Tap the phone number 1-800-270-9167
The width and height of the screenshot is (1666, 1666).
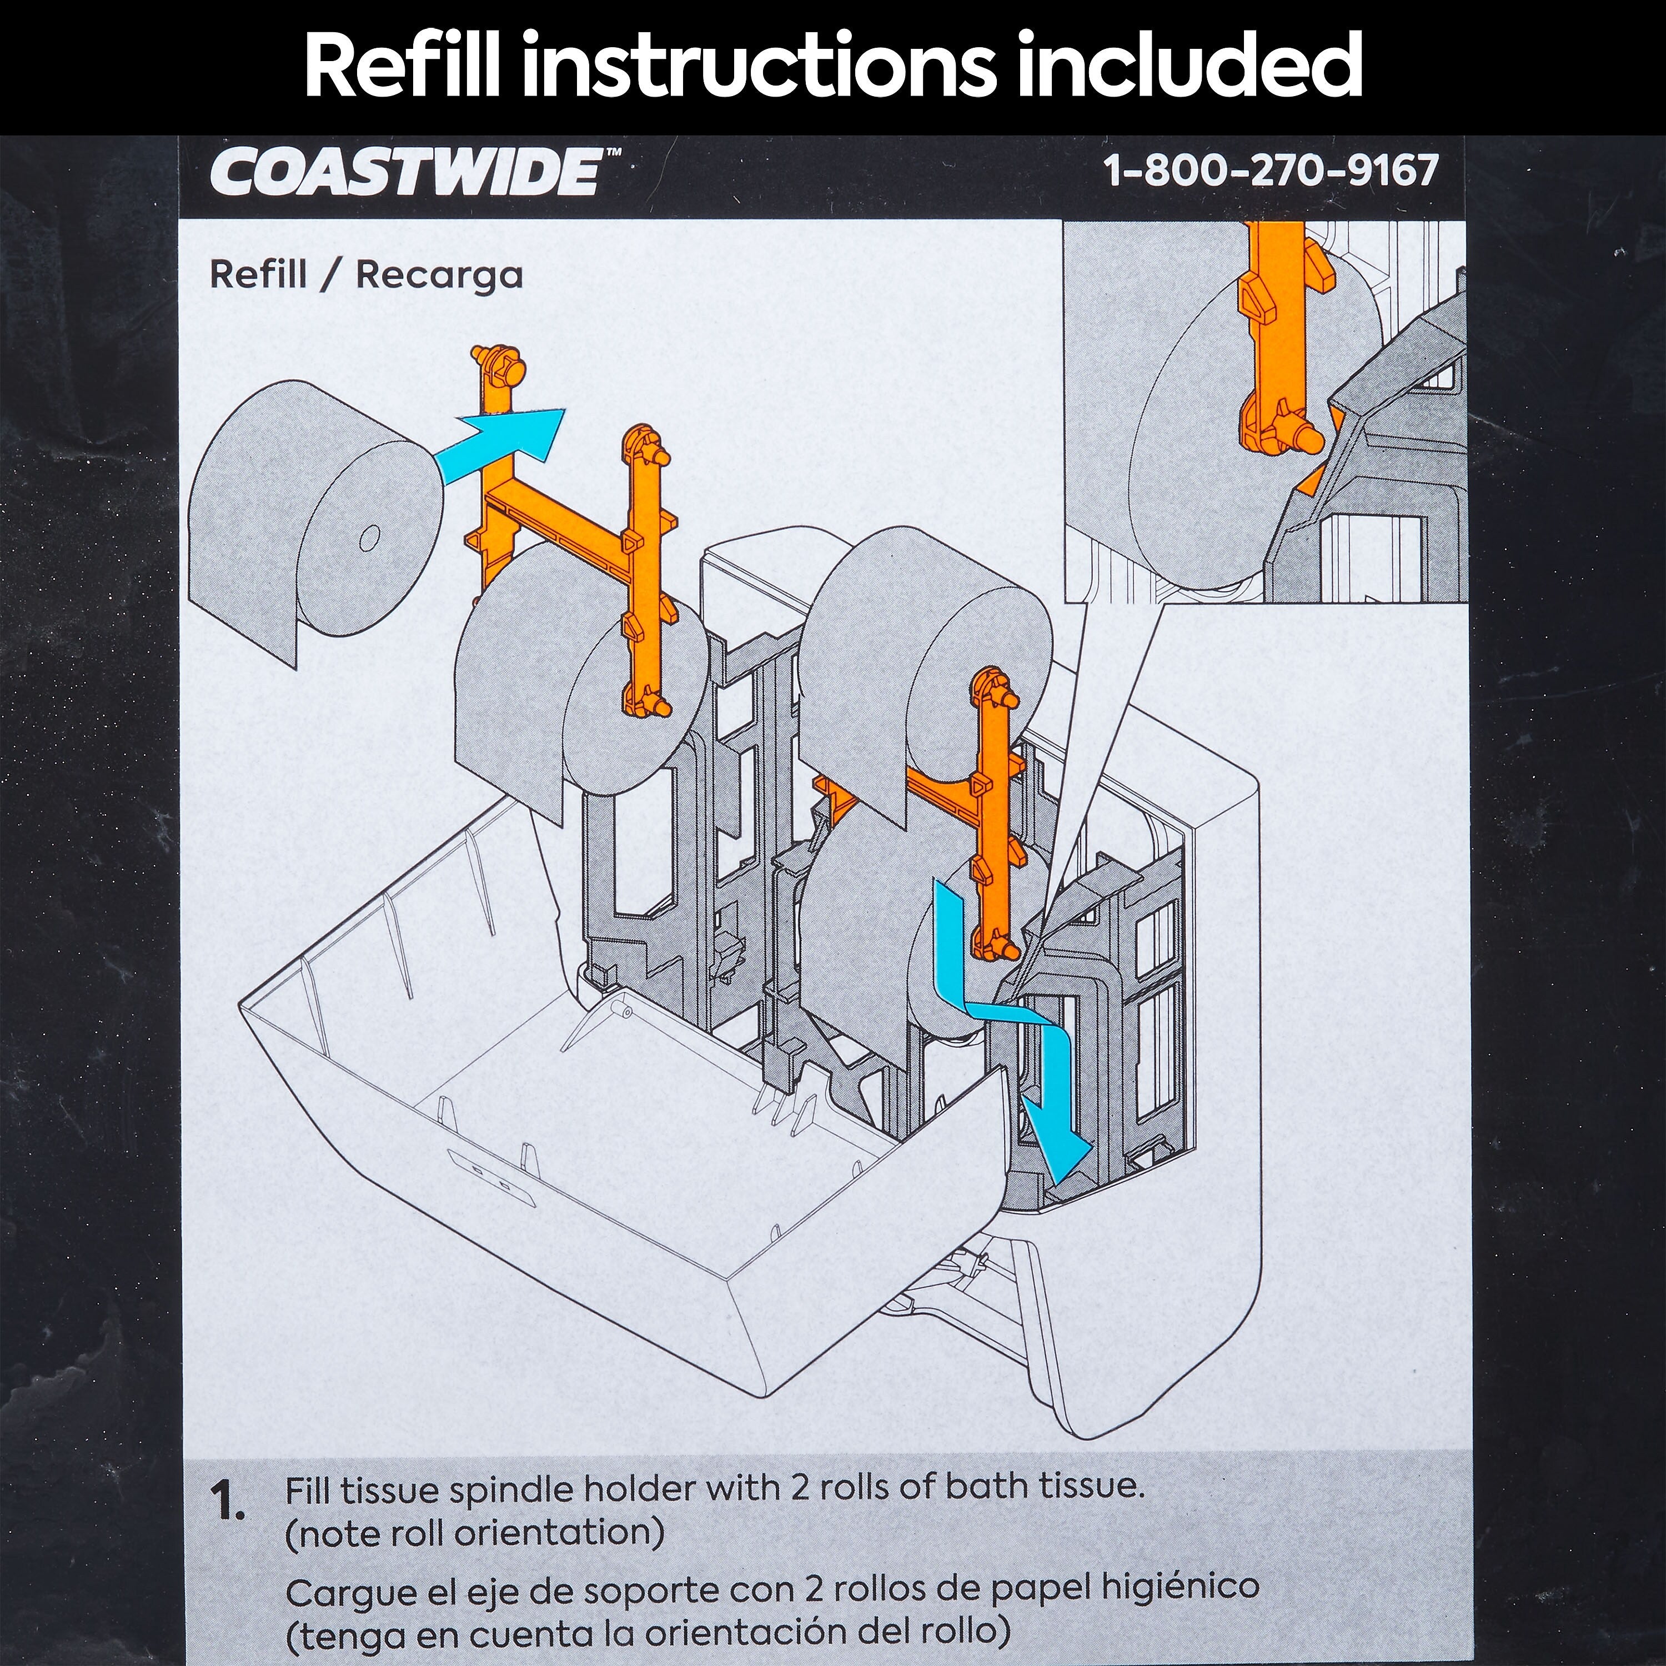(x=1271, y=170)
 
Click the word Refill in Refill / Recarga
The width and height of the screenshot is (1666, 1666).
(x=258, y=274)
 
